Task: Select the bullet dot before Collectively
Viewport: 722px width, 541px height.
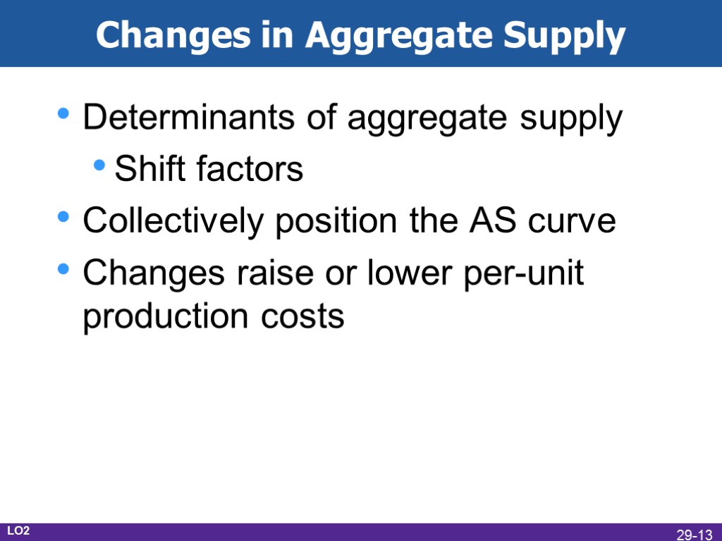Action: (64, 218)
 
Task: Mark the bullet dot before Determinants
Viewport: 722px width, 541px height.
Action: (64, 114)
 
